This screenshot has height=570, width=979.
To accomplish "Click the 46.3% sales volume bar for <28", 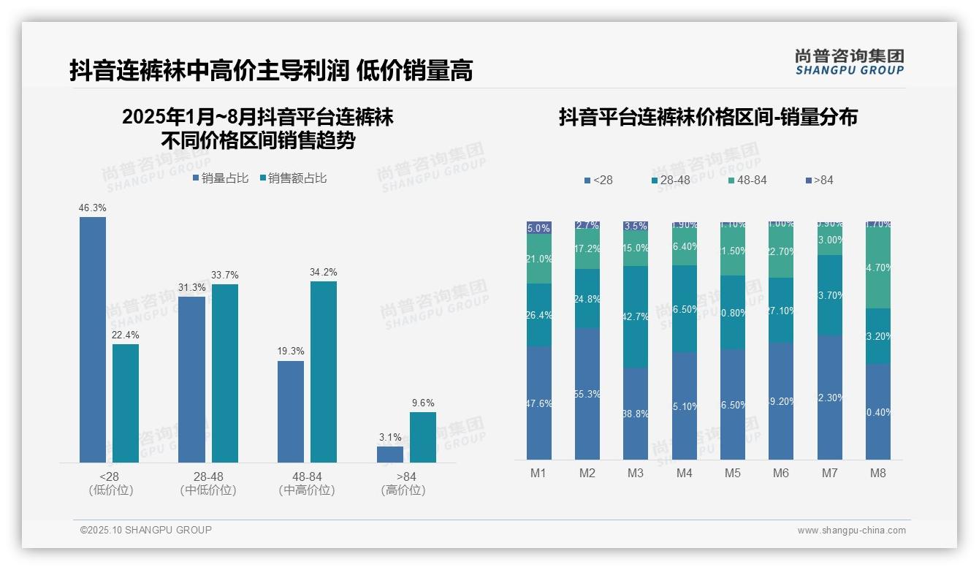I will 93,339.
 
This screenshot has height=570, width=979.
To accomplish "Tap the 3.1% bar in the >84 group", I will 389,454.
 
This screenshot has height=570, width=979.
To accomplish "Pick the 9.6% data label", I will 422,403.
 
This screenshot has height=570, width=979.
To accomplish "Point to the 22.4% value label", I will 126,335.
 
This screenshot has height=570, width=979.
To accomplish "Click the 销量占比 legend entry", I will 221,178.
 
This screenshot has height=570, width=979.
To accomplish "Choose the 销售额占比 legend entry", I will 293,178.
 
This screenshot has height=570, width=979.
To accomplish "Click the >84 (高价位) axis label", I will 403,483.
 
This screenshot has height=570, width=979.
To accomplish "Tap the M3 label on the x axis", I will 636,473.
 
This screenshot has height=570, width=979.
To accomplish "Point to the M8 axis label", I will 878,473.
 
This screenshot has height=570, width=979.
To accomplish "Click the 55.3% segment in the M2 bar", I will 587,394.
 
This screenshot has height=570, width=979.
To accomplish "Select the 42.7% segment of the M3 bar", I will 636,316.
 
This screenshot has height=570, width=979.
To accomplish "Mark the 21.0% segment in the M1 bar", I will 539,259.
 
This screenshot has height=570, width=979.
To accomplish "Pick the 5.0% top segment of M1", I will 539,228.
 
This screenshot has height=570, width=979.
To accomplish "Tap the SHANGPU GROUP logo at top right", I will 849,62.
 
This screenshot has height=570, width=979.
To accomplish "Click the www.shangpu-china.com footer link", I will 851,531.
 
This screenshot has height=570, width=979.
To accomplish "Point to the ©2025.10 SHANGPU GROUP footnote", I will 146,530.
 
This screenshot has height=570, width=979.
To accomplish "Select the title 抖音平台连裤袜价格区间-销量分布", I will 708,117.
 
